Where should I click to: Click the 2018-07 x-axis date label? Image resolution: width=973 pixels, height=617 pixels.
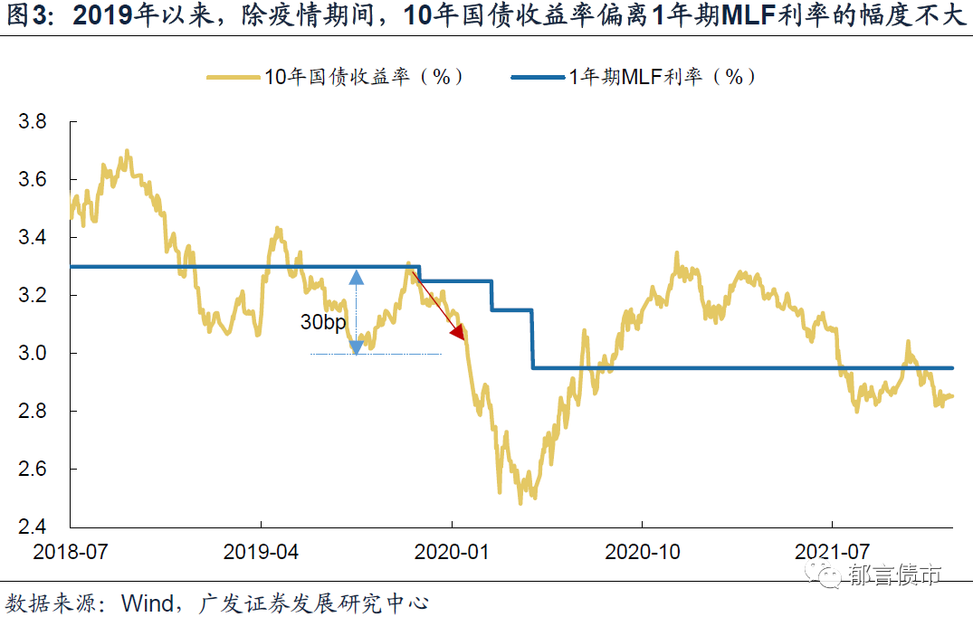pos(70,551)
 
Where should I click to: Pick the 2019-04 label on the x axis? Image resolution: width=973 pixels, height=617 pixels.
pos(261,551)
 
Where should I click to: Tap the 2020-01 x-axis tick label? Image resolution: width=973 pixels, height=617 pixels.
pos(451,551)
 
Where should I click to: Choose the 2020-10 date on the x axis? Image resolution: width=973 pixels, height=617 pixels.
pos(641,551)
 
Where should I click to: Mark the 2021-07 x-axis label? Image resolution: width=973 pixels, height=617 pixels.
pos(831,551)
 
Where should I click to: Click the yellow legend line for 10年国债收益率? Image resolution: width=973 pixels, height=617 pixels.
pos(234,78)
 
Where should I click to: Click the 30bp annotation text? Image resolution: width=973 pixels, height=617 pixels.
pos(322,322)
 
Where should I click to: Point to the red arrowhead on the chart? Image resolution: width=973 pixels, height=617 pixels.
pos(457,333)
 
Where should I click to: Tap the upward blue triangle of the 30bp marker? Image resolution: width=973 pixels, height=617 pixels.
pos(356,278)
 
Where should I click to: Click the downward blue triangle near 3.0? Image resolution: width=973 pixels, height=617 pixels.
pos(356,347)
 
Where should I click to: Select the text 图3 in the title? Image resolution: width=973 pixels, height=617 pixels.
pos(27,16)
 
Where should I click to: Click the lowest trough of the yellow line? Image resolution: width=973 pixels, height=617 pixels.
pos(520,502)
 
